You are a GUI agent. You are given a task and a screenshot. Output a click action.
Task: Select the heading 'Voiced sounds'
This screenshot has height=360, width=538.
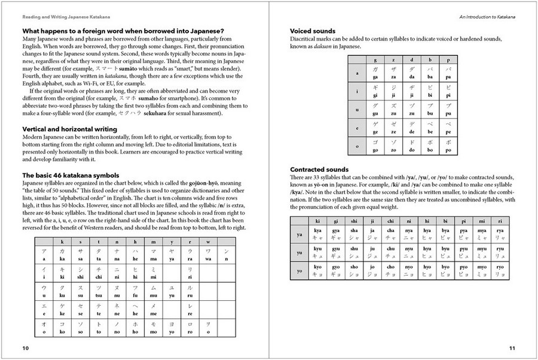click(x=312, y=30)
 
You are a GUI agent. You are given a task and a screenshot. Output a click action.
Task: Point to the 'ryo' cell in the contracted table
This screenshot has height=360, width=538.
click(x=500, y=270)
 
